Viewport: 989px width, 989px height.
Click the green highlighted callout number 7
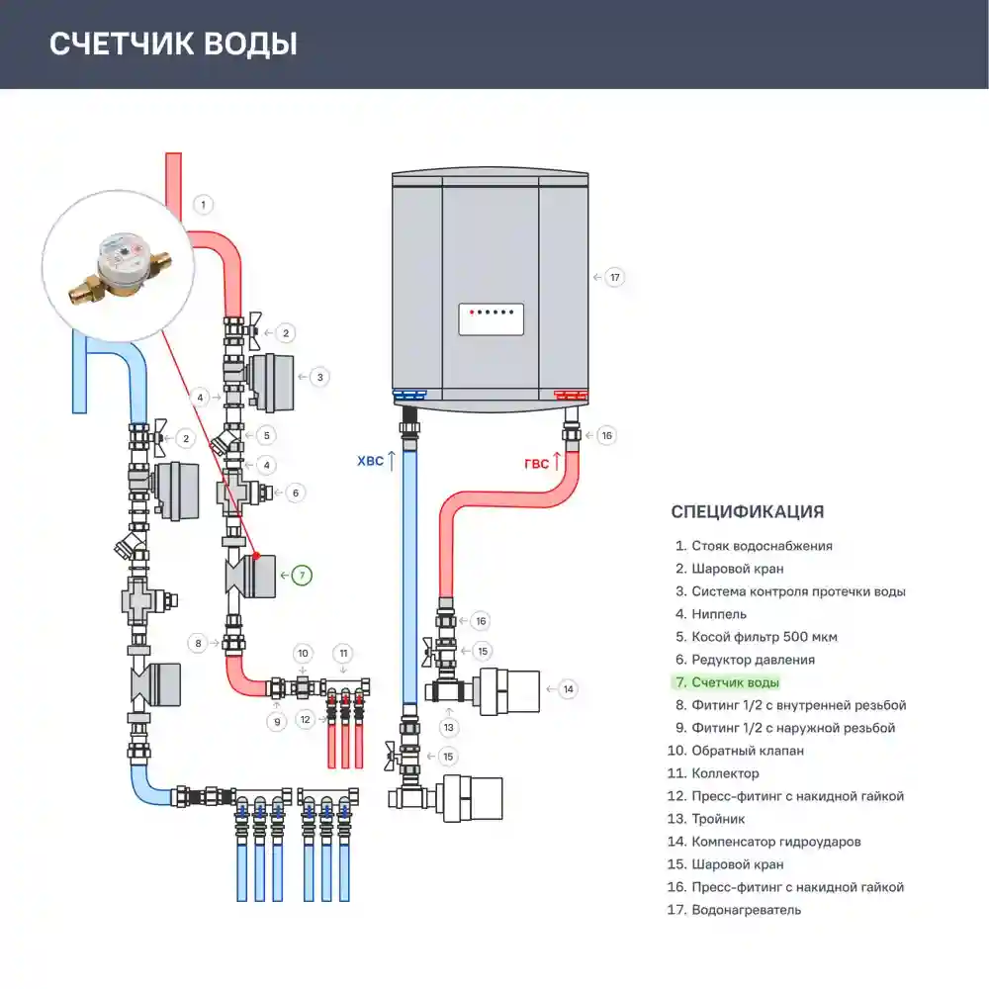tap(302, 576)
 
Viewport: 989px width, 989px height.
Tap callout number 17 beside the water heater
tap(615, 278)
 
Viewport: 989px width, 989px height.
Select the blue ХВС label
tap(370, 461)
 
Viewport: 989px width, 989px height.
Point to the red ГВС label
tap(537, 464)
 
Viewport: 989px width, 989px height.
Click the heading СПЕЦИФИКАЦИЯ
tap(748, 511)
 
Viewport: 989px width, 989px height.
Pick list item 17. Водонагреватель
tap(734, 910)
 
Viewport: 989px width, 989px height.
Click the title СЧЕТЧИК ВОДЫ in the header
tap(173, 45)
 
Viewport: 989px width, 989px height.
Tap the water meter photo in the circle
tap(119, 266)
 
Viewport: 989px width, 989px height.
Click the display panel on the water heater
tap(492, 319)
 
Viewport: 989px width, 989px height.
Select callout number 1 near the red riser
tap(203, 205)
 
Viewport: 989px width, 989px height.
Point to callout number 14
tap(569, 689)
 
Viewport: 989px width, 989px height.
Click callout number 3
tap(319, 377)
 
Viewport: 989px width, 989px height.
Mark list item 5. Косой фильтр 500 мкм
tap(757, 637)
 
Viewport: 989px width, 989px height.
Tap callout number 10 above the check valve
tap(303, 654)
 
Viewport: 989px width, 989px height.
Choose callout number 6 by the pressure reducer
tap(295, 493)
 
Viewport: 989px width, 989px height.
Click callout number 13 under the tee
tap(448, 727)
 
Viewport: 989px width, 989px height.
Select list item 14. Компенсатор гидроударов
tap(764, 842)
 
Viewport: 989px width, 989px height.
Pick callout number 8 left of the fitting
tap(198, 644)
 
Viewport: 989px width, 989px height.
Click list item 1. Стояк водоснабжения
tap(754, 546)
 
